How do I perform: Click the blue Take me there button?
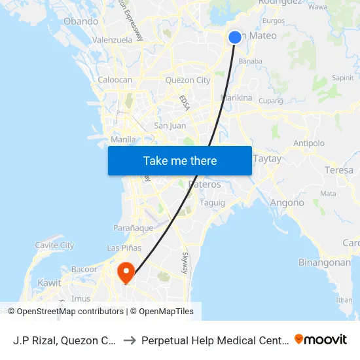click(180, 161)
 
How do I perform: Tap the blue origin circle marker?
click(235, 37)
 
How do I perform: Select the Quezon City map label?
click(188, 81)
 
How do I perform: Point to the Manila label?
click(124, 139)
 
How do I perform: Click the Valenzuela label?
click(113, 40)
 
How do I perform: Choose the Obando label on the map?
click(81, 22)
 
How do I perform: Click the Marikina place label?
click(236, 98)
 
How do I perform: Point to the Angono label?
click(287, 203)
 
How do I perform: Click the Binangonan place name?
click(325, 262)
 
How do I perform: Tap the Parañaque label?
click(134, 228)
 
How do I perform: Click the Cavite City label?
click(54, 245)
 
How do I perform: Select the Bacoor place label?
click(84, 269)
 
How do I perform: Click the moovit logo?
click(321, 340)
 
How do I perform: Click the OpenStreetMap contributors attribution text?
click(70, 312)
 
